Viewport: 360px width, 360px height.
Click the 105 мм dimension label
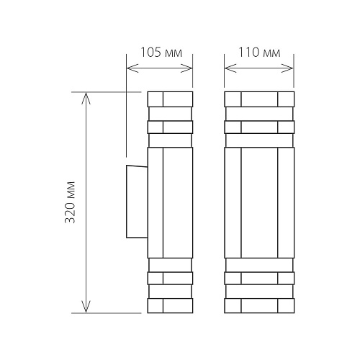pos(161,53)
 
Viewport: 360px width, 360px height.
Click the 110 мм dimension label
pos(259,53)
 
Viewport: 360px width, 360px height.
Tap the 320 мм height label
pos(71,202)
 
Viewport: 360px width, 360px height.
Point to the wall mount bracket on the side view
pos(137,202)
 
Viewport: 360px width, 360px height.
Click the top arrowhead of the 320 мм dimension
pos(86,98)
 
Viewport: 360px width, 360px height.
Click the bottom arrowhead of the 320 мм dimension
pos(86,307)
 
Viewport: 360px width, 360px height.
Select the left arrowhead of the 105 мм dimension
pos(132,68)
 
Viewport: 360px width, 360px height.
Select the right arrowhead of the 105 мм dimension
pos(186,68)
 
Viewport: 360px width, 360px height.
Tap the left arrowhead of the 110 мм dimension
pos(230,68)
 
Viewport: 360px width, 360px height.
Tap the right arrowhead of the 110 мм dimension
pos(287,68)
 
